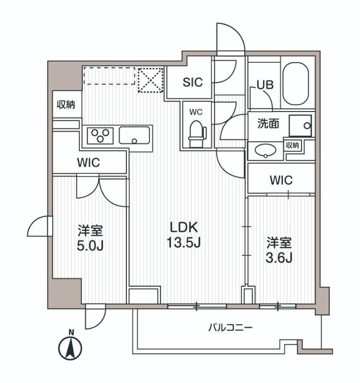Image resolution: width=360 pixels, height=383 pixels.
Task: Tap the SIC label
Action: click(192, 82)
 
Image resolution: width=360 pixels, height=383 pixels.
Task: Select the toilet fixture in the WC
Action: click(196, 134)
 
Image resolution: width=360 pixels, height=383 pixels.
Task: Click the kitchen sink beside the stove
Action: click(135, 135)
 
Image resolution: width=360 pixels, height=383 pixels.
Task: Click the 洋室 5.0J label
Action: click(90, 238)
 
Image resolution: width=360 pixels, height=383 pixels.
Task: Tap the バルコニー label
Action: click(230, 328)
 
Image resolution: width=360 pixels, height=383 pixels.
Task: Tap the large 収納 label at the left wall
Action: click(66, 104)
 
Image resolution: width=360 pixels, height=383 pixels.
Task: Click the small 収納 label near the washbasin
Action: click(293, 146)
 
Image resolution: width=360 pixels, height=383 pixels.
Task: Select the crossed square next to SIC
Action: click(151, 79)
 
